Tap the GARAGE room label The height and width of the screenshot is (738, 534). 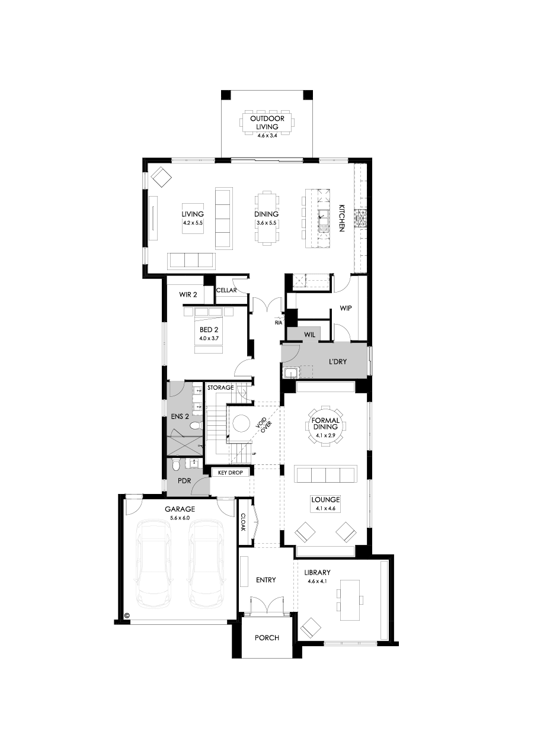click(180, 509)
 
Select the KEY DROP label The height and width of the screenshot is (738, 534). click(231, 473)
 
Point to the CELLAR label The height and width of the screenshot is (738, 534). click(226, 290)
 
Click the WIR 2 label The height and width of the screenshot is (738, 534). click(188, 294)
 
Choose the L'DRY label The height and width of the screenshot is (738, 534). click(338, 361)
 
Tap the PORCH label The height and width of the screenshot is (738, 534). click(267, 638)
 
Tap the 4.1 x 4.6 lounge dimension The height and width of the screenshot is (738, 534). click(325, 508)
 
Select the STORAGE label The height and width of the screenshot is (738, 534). click(220, 387)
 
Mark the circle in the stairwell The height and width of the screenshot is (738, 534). click(241, 423)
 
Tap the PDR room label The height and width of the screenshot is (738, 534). click(184, 481)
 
